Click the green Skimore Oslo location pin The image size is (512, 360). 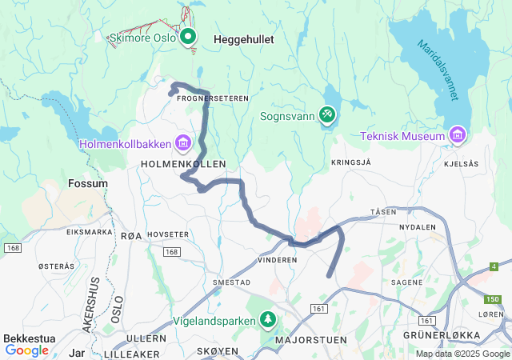point(188,37)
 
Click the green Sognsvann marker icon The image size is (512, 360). point(328,116)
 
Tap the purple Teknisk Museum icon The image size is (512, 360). point(457,134)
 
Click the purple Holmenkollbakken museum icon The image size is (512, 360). point(184,143)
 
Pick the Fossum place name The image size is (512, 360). point(89,183)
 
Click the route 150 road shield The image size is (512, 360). point(494,299)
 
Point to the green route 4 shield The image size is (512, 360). point(494,266)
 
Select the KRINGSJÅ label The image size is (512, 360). point(350,162)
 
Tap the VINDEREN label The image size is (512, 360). point(278,261)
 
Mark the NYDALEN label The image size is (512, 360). point(418,227)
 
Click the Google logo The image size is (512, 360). point(27,350)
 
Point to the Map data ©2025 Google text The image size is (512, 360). point(462,354)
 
